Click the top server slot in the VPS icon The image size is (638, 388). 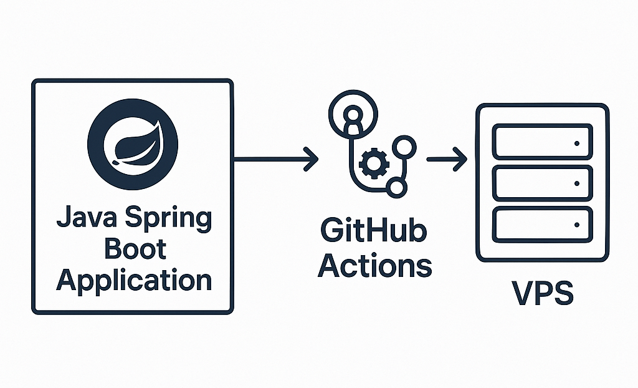[541, 142]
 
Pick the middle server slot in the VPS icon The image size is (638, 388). [541, 183]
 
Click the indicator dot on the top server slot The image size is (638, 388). [576, 143]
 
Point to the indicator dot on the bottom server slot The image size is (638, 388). [576, 225]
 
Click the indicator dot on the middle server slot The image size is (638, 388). [576, 183]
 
